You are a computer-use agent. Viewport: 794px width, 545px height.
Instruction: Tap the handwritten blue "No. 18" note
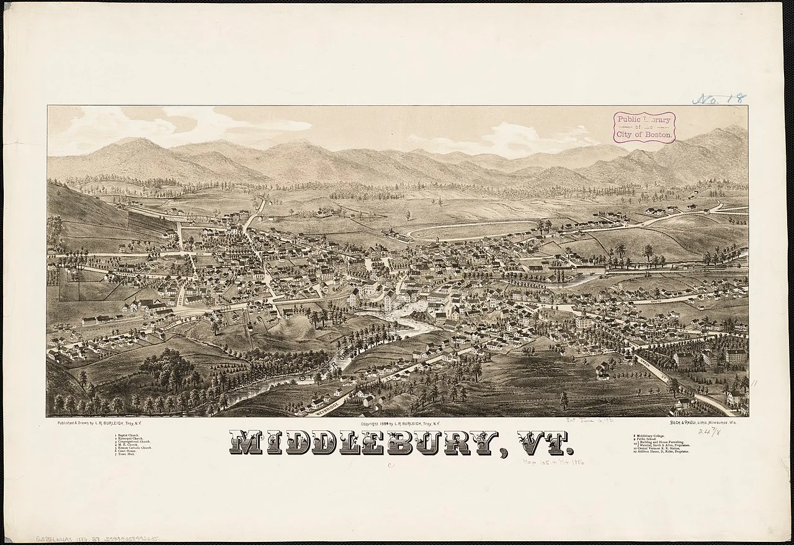point(719,99)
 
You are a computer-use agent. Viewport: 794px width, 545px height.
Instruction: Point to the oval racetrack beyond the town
point(471,231)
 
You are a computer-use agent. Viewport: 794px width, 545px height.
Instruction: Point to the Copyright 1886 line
point(399,423)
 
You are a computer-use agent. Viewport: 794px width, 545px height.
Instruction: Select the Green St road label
point(181,296)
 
